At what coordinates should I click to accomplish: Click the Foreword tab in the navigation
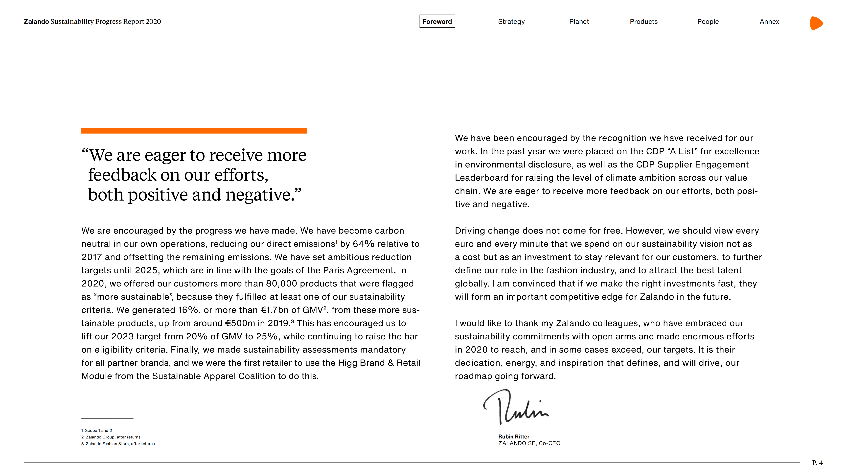point(437,21)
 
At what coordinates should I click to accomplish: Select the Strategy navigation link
point(511,21)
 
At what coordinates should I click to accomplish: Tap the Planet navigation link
point(579,21)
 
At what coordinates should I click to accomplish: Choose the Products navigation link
point(643,21)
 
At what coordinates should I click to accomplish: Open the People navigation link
point(708,21)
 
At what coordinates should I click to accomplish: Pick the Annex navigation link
point(769,21)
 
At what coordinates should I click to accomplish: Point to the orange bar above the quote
point(194,131)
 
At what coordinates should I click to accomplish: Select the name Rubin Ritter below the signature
point(514,437)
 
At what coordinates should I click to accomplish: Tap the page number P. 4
point(817,463)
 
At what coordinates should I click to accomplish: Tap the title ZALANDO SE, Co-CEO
point(529,443)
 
